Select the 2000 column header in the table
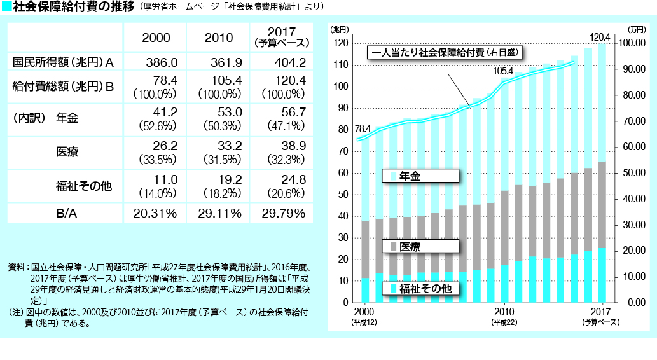(x=155, y=38)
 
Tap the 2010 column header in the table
(x=219, y=38)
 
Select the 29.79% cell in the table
(x=284, y=213)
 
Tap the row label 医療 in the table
(x=67, y=152)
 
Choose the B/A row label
(x=67, y=213)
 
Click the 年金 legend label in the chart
(x=410, y=176)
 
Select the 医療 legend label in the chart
(x=410, y=246)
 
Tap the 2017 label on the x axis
(x=600, y=312)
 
